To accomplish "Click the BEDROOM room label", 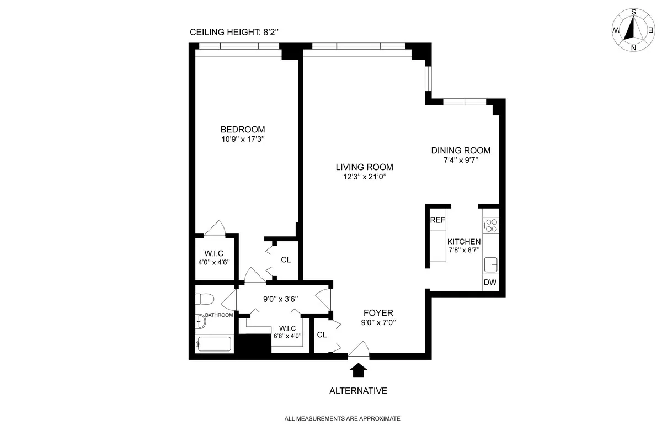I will coord(239,129).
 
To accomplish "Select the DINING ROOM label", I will coord(461,150).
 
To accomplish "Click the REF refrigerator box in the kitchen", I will coord(437,220).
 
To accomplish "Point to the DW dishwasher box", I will coord(490,283).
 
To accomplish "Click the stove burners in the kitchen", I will coord(490,225).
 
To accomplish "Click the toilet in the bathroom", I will coord(205,300).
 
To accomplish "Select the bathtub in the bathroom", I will coord(215,344).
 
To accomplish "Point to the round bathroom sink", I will coord(199,321).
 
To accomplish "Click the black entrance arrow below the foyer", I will coord(358,369).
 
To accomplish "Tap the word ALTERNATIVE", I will coord(358,391).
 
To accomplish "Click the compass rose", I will coord(633,31).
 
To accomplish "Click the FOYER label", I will coord(378,313).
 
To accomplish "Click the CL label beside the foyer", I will coord(322,334).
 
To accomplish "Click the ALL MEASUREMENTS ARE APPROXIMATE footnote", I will coord(342,419).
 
